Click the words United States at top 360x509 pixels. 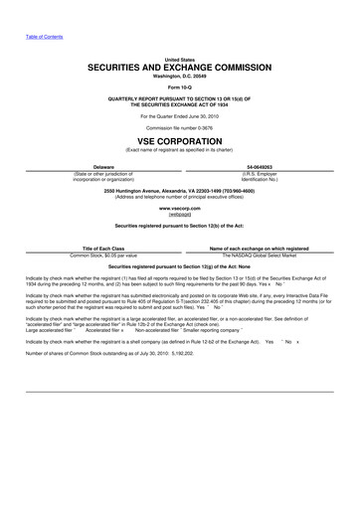pyautogui.click(x=180, y=58)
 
